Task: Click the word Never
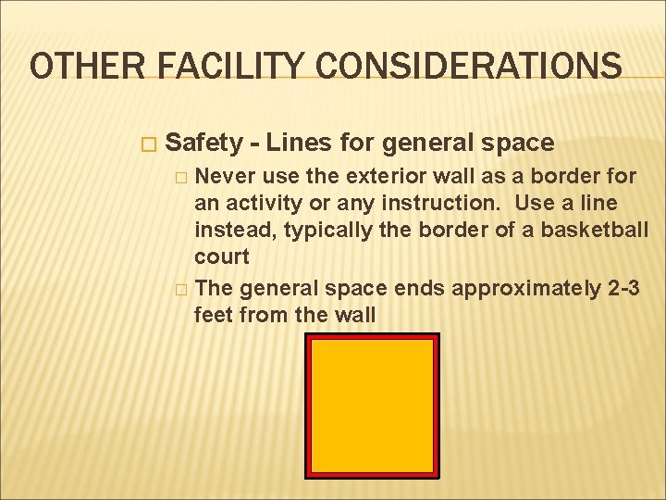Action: coord(227,175)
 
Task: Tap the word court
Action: coord(222,255)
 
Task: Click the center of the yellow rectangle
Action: coord(372,406)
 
